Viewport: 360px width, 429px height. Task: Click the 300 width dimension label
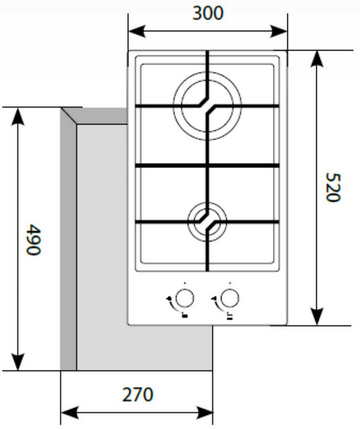pyautogui.click(x=208, y=13)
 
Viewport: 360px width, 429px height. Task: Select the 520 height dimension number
pyautogui.click(x=333, y=187)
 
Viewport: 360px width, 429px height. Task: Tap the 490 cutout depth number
pyautogui.click(x=33, y=240)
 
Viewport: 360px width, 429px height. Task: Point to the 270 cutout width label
pyautogui.click(x=138, y=395)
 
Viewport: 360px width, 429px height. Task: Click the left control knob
pyautogui.click(x=185, y=298)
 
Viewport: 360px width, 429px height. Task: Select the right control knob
pyautogui.click(x=230, y=298)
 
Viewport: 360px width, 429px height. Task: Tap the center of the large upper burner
pyautogui.click(x=207, y=106)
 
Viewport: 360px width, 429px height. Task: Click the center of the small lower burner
pyautogui.click(x=207, y=222)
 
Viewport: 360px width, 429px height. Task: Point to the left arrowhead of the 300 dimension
pyautogui.click(x=137, y=31)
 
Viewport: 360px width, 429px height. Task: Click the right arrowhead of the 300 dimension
pyautogui.click(x=279, y=31)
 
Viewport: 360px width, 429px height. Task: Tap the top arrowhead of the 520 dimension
pyautogui.click(x=317, y=59)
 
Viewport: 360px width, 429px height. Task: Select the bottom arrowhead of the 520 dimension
pyautogui.click(x=317, y=317)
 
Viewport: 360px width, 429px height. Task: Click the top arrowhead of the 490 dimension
pyautogui.click(x=18, y=116)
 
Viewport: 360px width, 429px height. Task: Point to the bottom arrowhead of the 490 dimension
pyautogui.click(x=18, y=362)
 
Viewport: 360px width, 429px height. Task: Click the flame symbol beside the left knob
pyautogui.click(x=169, y=298)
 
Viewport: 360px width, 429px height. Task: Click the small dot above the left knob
pyautogui.click(x=185, y=283)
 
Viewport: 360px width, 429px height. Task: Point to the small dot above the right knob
pyautogui.click(x=230, y=283)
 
